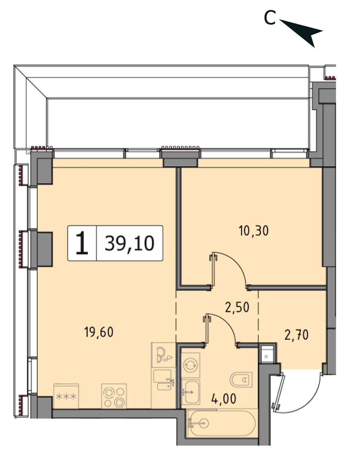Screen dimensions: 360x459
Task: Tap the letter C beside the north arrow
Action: (x=270, y=18)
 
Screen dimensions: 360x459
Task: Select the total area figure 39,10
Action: (x=129, y=243)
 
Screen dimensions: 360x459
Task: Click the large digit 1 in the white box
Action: (x=82, y=243)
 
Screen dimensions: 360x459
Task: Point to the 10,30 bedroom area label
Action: (x=254, y=231)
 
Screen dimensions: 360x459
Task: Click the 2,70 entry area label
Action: (x=296, y=335)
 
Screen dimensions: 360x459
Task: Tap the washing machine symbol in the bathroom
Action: (x=191, y=365)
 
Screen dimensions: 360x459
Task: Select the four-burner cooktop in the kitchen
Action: (x=114, y=396)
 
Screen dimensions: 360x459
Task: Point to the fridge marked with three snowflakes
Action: (x=66, y=396)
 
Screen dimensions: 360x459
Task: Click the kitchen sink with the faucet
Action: (x=164, y=380)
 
